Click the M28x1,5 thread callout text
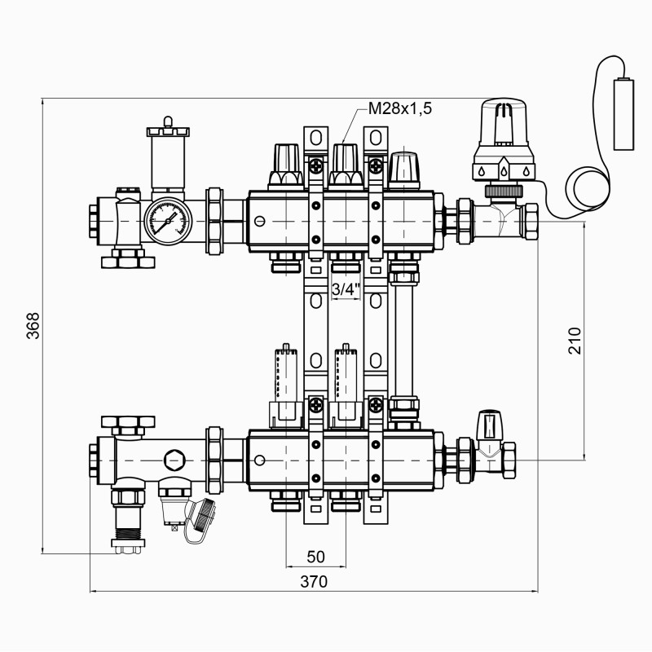(400, 109)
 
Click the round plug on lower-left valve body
(174, 459)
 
